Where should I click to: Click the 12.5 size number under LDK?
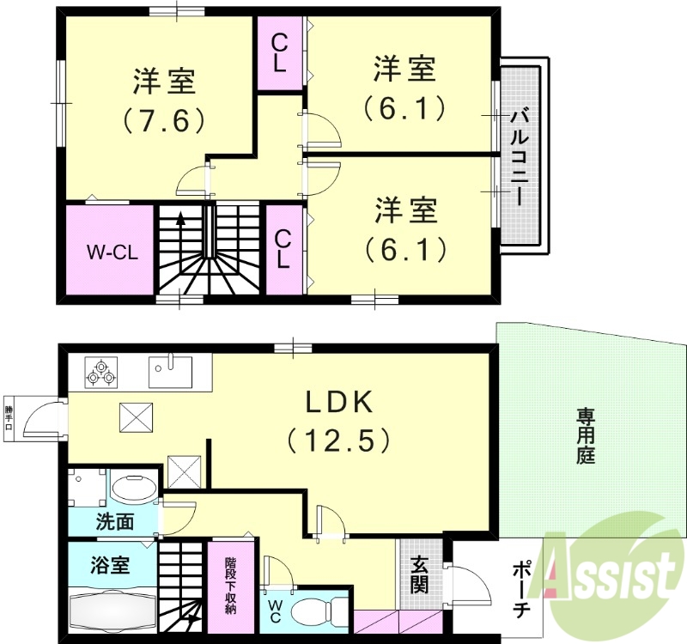(x=337, y=440)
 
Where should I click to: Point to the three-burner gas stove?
(x=100, y=373)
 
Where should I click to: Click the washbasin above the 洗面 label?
(x=131, y=490)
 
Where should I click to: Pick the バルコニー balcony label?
(x=520, y=155)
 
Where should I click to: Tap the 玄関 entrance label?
(x=420, y=574)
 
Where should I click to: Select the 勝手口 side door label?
(x=9, y=418)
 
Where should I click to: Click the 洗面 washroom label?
(x=115, y=520)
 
